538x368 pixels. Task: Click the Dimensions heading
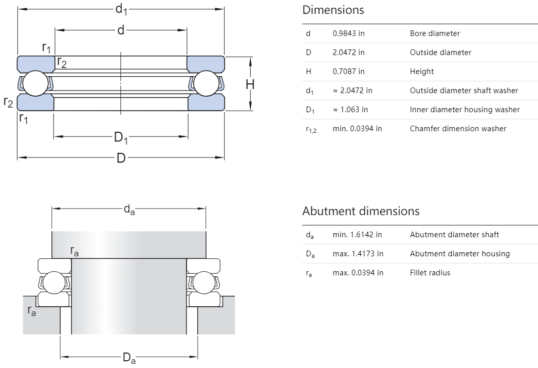coord(333,10)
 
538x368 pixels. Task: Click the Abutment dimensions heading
coord(361,211)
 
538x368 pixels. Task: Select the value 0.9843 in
coord(348,33)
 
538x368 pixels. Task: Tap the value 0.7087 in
coord(348,72)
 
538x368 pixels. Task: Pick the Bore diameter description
coord(435,33)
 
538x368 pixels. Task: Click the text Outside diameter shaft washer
coord(463,91)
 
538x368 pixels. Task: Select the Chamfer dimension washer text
coord(458,129)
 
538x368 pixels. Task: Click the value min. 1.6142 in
coord(357,235)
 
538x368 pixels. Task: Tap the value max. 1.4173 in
coord(358,254)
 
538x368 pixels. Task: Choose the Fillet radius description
coord(430,273)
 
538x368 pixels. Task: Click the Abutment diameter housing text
coord(459,254)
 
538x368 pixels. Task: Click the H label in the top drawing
coord(250,84)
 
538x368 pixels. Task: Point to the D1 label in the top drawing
coord(121,138)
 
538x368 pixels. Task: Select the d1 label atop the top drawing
coord(121,9)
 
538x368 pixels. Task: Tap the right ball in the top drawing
coord(207,83)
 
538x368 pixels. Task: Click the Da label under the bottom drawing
coord(129,358)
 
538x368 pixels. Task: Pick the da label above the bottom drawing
coord(129,209)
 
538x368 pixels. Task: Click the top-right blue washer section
coord(206,63)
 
